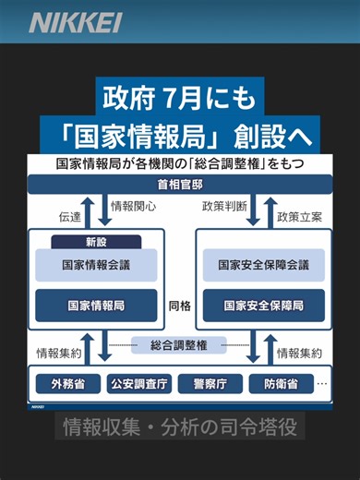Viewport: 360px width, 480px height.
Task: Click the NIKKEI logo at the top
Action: point(74,23)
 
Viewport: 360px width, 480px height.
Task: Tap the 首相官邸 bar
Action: point(180,186)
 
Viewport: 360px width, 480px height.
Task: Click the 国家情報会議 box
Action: point(96,265)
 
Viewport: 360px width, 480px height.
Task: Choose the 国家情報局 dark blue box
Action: point(96,304)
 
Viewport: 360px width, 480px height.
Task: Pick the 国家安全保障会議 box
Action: point(263,265)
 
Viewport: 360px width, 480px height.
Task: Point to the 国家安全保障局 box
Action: point(263,304)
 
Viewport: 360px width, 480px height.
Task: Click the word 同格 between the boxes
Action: point(180,305)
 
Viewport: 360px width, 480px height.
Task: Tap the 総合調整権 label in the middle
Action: point(180,345)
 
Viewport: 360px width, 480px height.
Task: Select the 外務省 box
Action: point(67,383)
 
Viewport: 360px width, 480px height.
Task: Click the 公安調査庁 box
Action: point(138,383)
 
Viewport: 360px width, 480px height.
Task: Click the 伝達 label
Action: point(70,218)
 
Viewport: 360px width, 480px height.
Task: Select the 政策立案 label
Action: point(299,218)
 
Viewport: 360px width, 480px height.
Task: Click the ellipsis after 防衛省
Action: point(322,382)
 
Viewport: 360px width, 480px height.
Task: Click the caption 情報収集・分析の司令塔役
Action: point(179,427)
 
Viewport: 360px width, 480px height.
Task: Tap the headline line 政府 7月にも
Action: point(180,97)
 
